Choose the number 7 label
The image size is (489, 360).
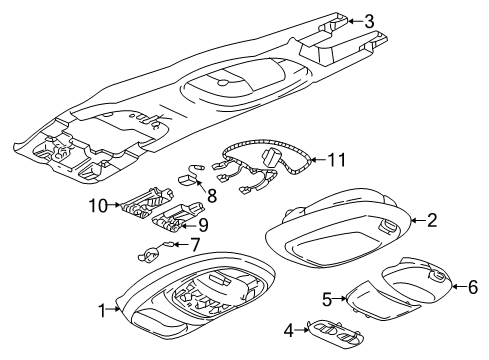196,243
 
